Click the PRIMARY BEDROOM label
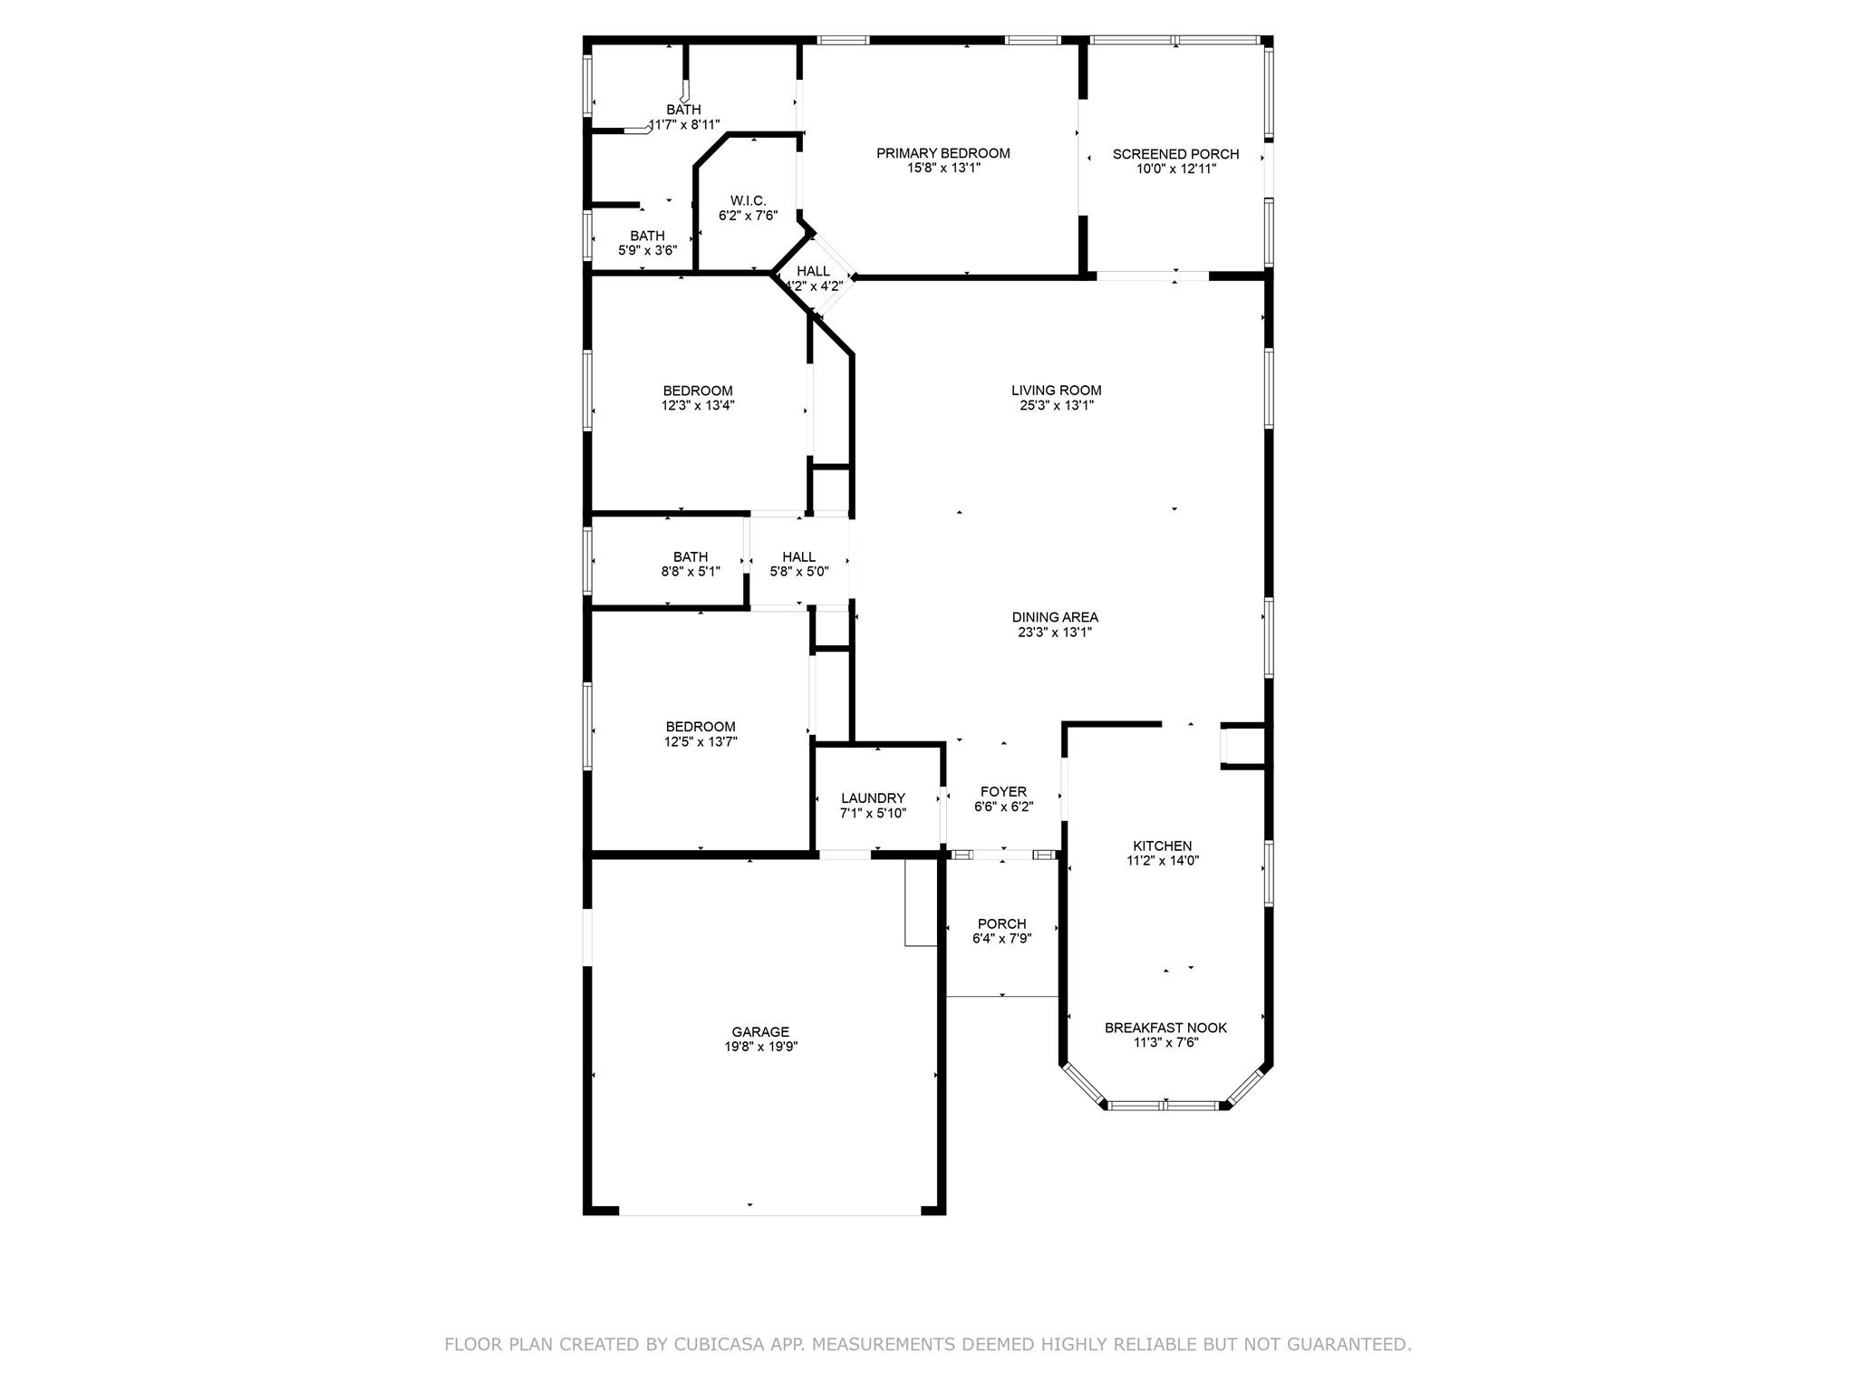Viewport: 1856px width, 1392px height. (942, 153)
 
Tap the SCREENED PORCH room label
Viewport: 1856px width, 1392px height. (1175, 154)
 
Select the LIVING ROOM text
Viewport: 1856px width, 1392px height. (1057, 391)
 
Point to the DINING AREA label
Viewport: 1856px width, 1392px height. (1055, 617)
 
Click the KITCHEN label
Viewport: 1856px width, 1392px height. (1163, 846)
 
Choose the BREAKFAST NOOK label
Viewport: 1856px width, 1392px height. (1165, 1028)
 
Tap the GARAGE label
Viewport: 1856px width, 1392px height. (760, 1031)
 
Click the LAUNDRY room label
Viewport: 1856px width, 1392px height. (873, 798)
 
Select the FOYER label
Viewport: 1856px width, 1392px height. (1003, 791)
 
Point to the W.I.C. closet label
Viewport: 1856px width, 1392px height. (748, 200)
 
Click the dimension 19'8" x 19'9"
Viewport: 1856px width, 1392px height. (760, 1046)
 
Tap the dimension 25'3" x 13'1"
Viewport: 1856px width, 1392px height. (1057, 405)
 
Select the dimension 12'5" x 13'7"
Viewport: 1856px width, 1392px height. (701, 741)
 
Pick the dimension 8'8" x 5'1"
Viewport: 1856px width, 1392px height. (691, 572)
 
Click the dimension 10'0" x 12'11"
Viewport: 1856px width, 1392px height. (1175, 169)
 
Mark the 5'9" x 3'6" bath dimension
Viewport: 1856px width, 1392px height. (647, 250)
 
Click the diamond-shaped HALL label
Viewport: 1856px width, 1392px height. (813, 271)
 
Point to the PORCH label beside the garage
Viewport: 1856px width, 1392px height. (1001, 923)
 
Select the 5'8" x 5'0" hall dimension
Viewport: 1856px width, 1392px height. (798, 572)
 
